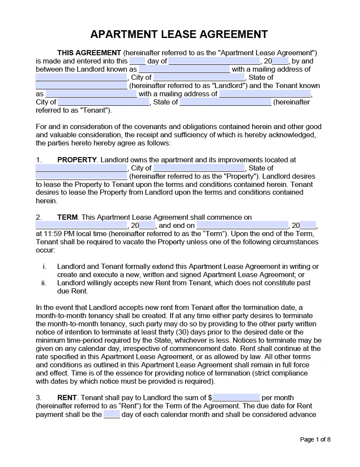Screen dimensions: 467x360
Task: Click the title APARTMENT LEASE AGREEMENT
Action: tap(179, 35)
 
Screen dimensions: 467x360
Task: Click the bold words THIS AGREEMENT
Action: tap(89, 53)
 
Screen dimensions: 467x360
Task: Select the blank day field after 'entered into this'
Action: tap(137, 61)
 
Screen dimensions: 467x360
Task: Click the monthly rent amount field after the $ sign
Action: tap(236, 398)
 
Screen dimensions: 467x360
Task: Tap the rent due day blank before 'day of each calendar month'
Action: tap(112, 414)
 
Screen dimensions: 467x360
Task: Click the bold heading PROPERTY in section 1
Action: tap(77, 160)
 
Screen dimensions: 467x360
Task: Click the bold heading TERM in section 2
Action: tap(67, 217)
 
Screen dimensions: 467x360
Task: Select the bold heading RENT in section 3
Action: tap(67, 398)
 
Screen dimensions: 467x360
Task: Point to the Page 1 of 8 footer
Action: tap(315, 439)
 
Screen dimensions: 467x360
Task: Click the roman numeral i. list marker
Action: tap(44, 266)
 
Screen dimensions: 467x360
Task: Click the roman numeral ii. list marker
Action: tap(44, 283)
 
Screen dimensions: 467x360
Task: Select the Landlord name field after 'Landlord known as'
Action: tap(184, 69)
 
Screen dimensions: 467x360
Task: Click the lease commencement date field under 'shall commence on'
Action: tap(81, 225)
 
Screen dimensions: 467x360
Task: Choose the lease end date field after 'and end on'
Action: tap(242, 225)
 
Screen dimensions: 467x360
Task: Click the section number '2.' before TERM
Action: tap(38, 217)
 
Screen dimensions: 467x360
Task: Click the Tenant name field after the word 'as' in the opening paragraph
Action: tap(91, 94)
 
